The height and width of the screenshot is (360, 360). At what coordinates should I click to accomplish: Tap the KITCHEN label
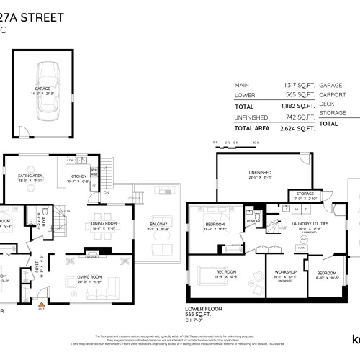tap(78, 176)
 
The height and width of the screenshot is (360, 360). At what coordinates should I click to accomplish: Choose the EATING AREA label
tap(30, 176)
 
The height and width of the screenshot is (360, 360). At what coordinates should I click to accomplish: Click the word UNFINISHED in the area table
tap(253, 117)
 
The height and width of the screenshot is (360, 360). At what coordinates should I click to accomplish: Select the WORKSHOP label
tap(284, 272)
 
